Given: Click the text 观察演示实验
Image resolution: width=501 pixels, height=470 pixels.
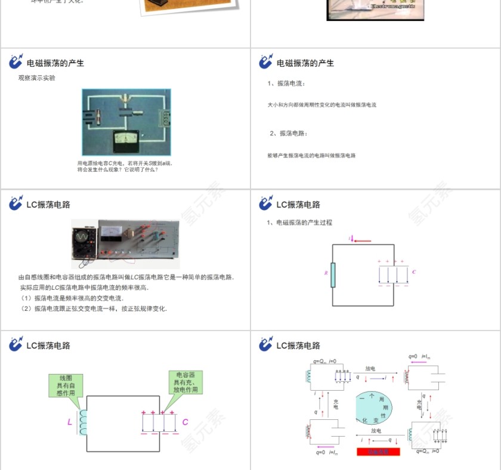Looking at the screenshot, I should (x=37, y=78).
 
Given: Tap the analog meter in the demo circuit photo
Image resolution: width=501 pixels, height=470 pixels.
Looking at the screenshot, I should (x=126, y=141).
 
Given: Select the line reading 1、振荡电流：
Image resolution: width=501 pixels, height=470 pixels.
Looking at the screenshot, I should (x=286, y=84).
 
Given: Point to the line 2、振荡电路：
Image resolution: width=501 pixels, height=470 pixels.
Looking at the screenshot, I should (x=289, y=133).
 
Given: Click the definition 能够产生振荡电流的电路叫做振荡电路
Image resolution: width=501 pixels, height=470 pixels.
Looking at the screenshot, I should (x=311, y=156).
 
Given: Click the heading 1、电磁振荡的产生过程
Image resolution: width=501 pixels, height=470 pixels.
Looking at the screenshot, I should (x=299, y=222).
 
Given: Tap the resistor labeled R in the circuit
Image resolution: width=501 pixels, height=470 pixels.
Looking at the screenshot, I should (x=333, y=274).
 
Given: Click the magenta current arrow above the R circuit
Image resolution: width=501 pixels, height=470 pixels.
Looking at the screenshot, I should (x=360, y=240).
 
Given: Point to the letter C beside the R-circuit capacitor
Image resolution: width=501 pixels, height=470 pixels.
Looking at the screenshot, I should (x=414, y=272).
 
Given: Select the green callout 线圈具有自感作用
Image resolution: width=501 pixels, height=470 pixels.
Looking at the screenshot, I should (x=66, y=385).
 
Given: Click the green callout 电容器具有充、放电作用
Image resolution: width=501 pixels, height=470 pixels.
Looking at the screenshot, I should (x=185, y=382).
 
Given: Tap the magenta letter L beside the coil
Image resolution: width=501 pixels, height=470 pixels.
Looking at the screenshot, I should (x=70, y=422).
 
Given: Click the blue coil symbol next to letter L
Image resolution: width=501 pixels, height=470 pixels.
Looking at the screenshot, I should (x=82, y=422).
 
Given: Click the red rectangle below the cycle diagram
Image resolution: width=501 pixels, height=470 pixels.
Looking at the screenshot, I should (x=378, y=452).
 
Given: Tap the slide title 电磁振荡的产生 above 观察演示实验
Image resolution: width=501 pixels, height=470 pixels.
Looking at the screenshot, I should (x=55, y=63).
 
